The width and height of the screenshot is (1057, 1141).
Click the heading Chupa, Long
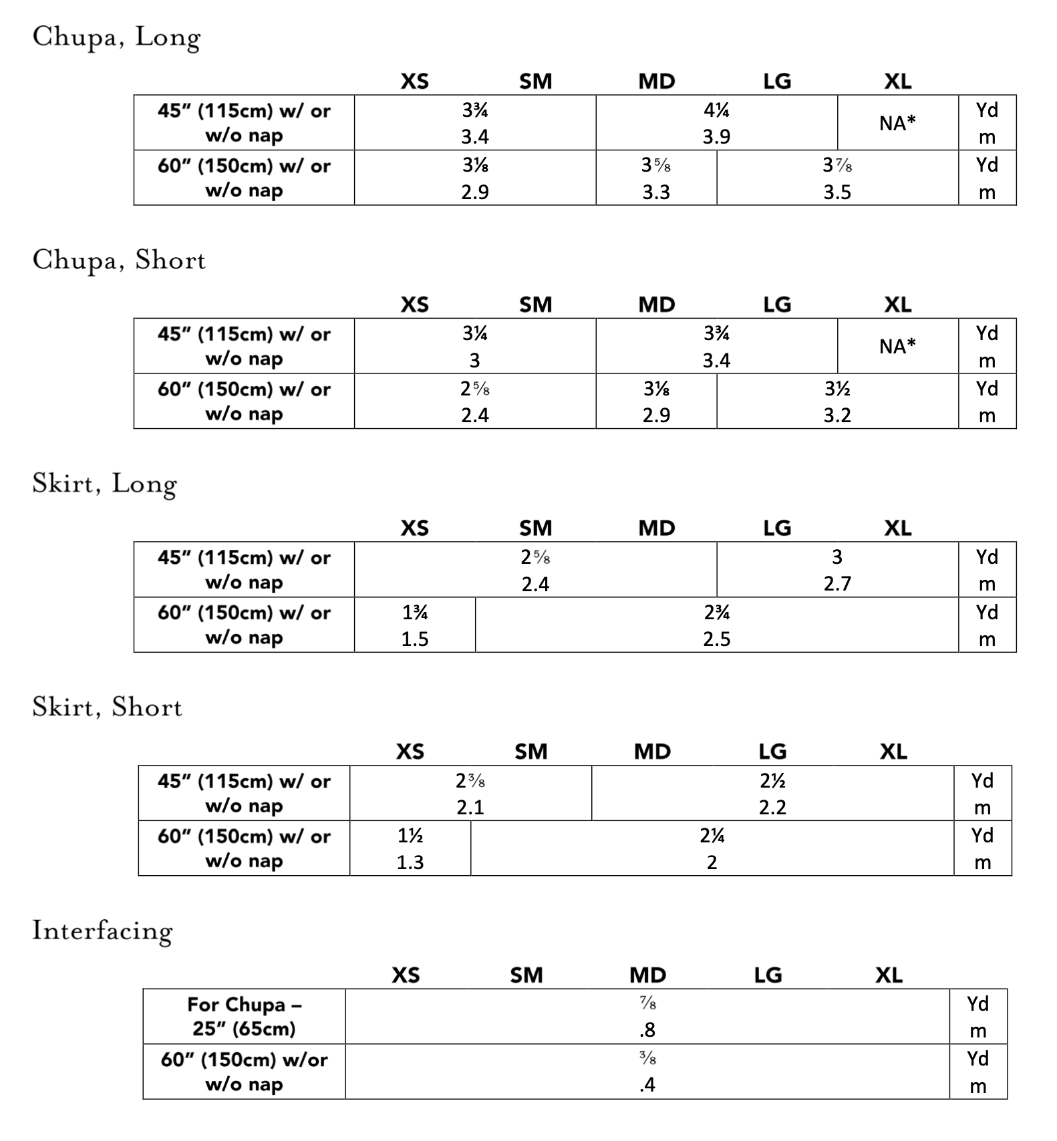(116, 37)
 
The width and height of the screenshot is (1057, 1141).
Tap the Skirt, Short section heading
(107, 707)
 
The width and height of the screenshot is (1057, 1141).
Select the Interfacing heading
(102, 931)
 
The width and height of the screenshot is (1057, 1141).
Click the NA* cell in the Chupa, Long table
(897, 123)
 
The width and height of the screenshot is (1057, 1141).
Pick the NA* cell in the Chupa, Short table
(897, 346)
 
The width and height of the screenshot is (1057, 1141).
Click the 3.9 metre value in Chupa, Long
(716, 137)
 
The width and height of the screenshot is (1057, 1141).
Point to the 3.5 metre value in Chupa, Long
(837, 192)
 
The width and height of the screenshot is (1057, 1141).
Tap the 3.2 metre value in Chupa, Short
(837, 416)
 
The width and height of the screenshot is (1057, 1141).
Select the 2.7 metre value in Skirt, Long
(837, 584)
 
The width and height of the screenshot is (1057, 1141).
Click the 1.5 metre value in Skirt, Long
(414, 639)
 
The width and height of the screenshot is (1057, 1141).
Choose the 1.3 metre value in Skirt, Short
(410, 862)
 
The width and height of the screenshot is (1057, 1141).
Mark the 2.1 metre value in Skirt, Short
(470, 808)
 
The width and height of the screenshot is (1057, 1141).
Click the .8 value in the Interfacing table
(647, 1031)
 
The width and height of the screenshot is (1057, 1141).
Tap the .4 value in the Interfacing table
(647, 1086)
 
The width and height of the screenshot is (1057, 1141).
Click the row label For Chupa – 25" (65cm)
(244, 1016)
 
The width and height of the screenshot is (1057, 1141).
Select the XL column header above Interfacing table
(889, 975)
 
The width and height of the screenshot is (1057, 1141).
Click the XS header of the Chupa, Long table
(414, 81)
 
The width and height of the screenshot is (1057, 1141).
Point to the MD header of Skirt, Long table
(656, 528)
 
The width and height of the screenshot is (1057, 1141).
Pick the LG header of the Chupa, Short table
(777, 305)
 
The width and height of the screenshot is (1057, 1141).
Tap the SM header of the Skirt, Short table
(531, 752)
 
